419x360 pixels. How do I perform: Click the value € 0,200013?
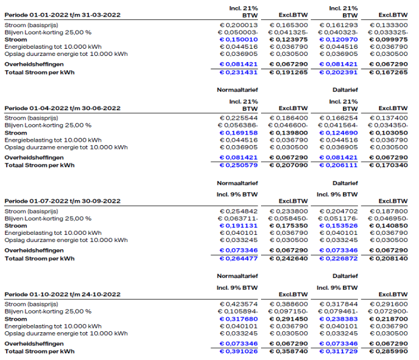click(x=239, y=25)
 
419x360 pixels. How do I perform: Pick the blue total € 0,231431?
click(x=239, y=72)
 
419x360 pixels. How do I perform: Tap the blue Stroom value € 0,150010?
click(x=239, y=40)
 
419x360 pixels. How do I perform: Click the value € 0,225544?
click(x=239, y=119)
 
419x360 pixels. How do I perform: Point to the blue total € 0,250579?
click(x=239, y=165)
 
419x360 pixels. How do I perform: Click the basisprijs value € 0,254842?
click(x=239, y=212)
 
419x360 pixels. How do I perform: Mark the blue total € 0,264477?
click(x=239, y=258)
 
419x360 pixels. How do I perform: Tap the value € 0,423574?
click(x=239, y=305)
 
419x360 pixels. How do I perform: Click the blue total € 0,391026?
click(x=239, y=351)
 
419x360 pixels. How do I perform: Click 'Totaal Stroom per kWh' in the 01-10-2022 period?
click(x=39, y=351)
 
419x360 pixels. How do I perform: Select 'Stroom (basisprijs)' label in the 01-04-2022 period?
click(x=31, y=119)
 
